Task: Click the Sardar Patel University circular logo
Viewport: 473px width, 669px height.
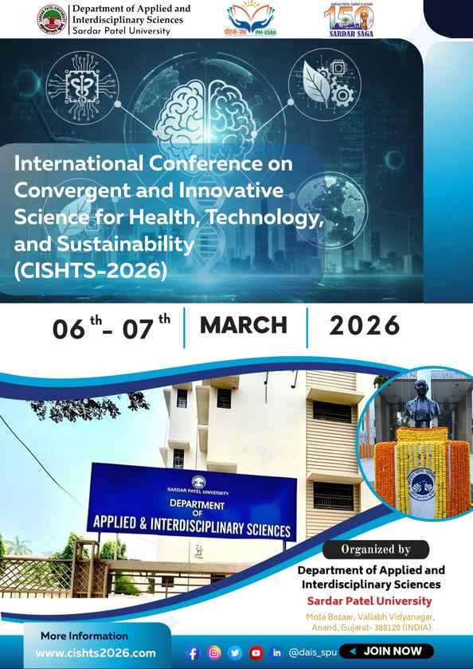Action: [x=53, y=20]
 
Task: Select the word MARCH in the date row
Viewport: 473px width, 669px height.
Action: [x=244, y=325]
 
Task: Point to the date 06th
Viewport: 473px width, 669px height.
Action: [x=76, y=327]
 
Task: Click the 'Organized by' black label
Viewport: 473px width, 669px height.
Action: [x=375, y=549]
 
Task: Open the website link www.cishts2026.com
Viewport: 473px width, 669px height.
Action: [x=96, y=653]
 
